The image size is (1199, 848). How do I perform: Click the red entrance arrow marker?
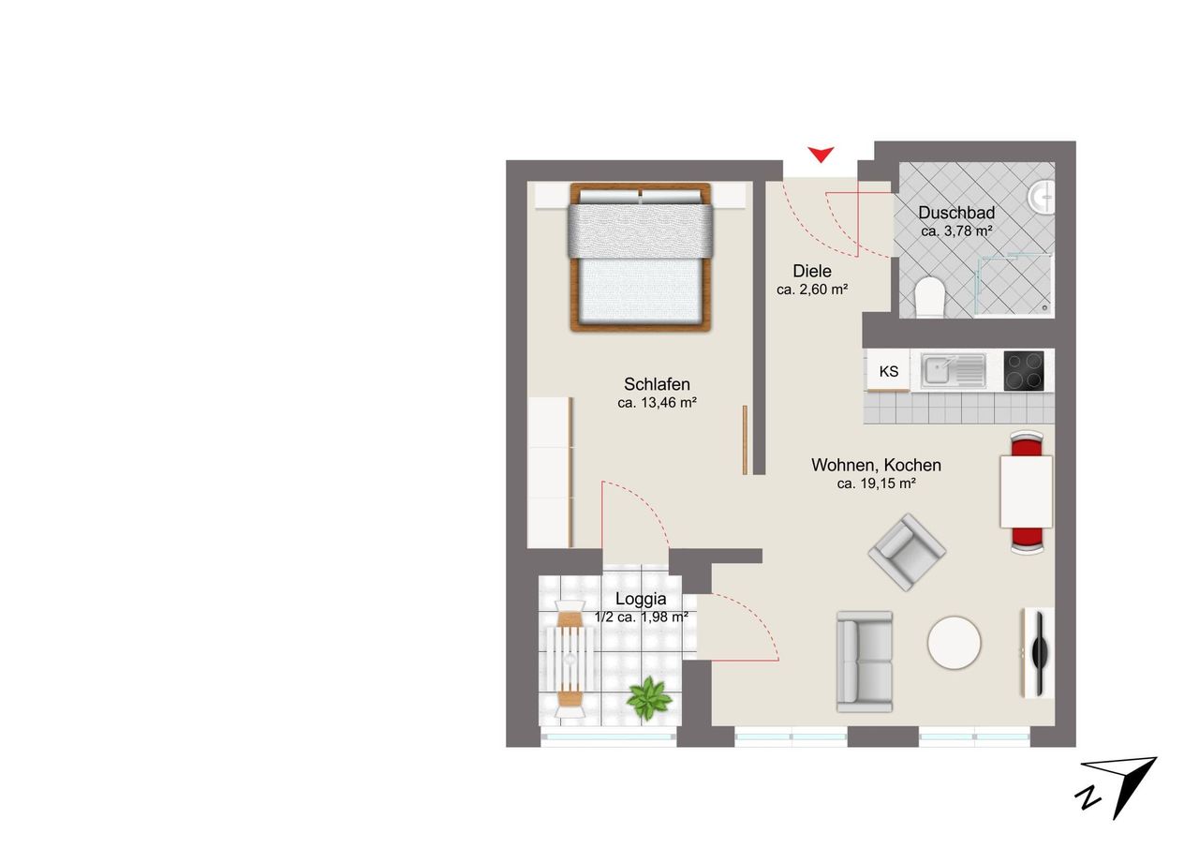(821, 155)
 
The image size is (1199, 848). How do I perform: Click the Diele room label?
(812, 271)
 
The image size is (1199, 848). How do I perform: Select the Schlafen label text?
(657, 384)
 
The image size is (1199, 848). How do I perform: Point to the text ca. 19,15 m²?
(876, 484)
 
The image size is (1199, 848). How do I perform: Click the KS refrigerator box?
(889, 370)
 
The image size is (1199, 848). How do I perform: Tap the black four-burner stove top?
(1024, 370)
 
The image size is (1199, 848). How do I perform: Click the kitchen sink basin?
(939, 370)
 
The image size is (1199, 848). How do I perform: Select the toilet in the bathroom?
(930, 297)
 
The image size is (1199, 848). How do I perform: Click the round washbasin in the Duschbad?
(1041, 197)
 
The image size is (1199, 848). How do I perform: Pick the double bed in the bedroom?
(641, 257)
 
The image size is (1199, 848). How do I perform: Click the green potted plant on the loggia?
(649, 698)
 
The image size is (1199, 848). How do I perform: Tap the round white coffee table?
(954, 643)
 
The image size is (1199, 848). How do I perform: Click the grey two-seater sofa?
(865, 662)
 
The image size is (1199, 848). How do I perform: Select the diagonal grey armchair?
(907, 552)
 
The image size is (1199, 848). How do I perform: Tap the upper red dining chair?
(1027, 443)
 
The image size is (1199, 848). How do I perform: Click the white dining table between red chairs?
(1026, 491)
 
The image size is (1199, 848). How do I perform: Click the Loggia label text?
(641, 599)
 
